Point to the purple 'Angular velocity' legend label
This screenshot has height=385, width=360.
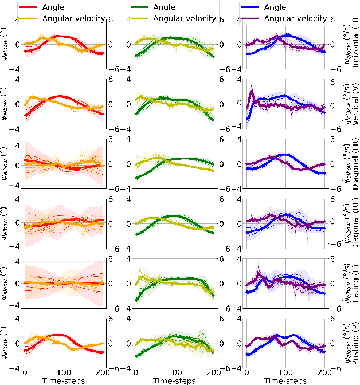coord(297,18)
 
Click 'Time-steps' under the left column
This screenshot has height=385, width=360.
coord(64,380)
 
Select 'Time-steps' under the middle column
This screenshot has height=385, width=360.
coord(174,380)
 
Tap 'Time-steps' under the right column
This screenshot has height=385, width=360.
coord(285,380)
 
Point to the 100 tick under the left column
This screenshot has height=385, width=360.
coord(64,372)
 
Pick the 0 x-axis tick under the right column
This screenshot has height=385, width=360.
coord(246,372)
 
